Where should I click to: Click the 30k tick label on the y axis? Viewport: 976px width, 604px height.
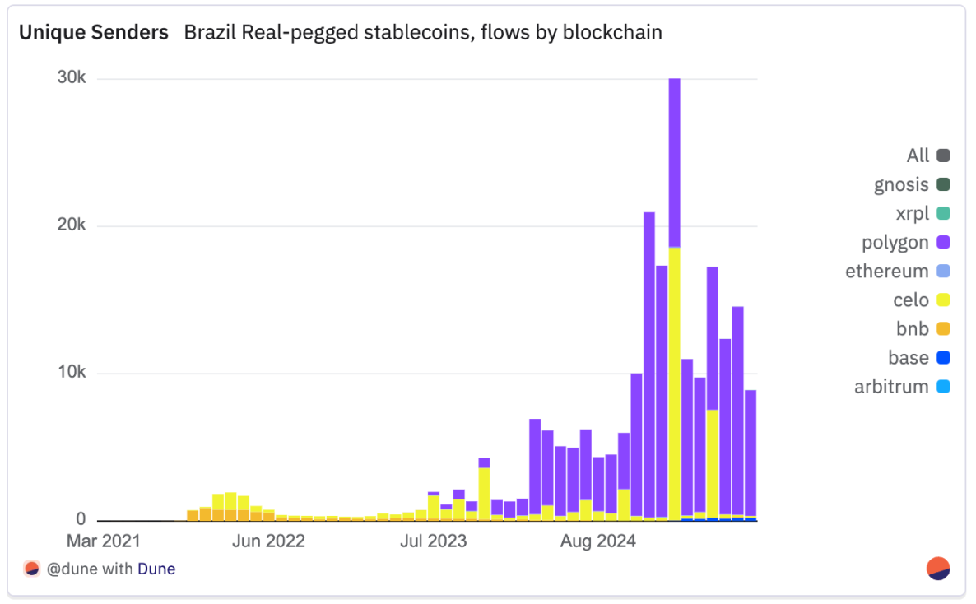70,78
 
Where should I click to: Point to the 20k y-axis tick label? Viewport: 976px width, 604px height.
70,225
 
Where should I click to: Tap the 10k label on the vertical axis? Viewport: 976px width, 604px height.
70,373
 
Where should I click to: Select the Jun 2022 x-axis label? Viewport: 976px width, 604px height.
268,541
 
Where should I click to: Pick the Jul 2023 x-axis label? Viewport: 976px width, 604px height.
434,541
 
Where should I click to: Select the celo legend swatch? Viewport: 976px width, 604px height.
943,300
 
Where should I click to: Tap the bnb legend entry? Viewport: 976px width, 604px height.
913,329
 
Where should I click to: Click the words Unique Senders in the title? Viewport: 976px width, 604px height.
94,33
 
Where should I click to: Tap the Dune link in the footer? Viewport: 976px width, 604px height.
156,569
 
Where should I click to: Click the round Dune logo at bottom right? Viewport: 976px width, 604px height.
938,569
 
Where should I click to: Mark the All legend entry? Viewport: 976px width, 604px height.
918,156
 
